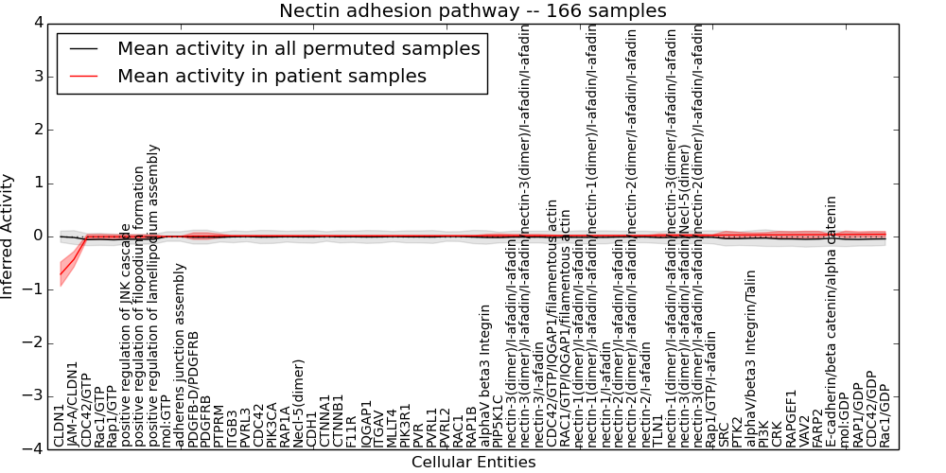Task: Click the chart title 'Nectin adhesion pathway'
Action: point(472,10)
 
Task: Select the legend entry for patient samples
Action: point(272,76)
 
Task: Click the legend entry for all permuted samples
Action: point(300,48)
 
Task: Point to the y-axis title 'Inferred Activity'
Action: point(8,236)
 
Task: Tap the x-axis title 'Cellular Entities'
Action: point(473,462)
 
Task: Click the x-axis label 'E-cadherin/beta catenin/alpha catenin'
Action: point(832,322)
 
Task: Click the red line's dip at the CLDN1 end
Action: point(61,273)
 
